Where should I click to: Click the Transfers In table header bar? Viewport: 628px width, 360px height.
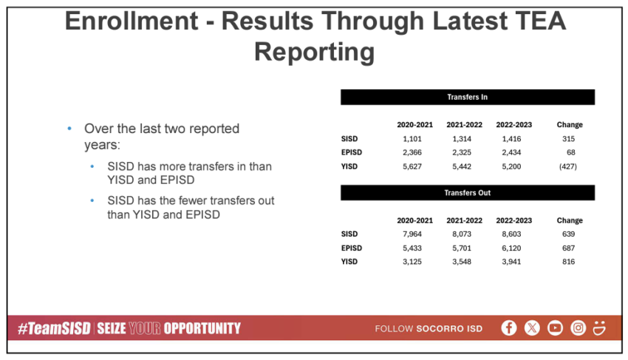468,97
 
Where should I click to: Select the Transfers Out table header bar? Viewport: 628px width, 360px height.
468,193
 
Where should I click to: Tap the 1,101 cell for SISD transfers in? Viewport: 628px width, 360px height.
412,139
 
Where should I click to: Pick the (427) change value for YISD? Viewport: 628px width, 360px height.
568,166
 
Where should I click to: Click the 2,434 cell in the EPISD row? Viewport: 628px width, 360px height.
511,152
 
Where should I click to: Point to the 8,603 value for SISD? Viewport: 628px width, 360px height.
511,234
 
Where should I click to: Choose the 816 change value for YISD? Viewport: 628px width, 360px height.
568,262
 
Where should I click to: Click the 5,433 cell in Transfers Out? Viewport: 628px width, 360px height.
412,248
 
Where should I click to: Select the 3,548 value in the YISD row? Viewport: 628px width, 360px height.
462,262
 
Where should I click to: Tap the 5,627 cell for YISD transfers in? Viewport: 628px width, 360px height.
412,166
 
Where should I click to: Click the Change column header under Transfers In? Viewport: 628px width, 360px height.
570,125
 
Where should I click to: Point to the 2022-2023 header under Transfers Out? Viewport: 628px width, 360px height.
514,220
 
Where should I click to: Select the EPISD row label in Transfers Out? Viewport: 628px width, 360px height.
351,248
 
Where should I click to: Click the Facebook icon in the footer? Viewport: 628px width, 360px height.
508,328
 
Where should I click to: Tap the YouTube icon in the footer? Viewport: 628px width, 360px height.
555,328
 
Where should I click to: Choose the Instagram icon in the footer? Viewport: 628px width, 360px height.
578,328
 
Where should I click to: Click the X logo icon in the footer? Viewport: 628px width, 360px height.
532,328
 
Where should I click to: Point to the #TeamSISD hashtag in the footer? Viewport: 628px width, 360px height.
54,328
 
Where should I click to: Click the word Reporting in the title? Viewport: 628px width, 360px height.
315,52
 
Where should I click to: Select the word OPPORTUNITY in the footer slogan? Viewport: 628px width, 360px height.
202,328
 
